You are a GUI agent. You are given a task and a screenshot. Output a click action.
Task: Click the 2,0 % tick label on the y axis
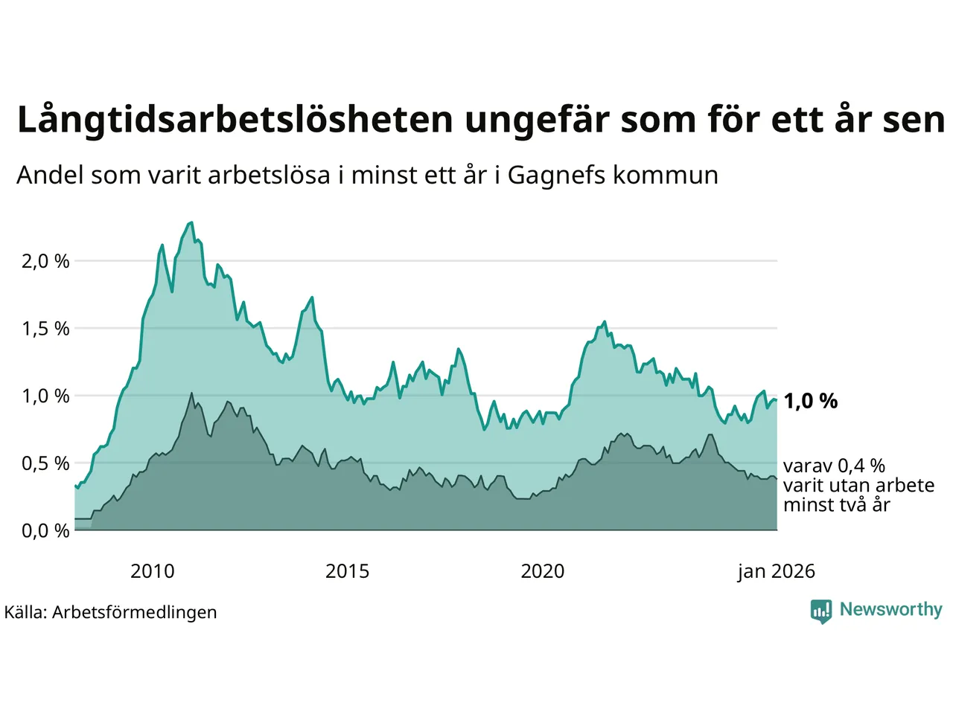point(45,261)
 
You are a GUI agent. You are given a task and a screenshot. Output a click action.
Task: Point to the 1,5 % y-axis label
point(45,329)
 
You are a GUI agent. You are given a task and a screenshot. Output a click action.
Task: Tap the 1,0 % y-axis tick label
point(45,396)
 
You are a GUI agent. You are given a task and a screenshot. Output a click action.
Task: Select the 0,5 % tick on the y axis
point(45,463)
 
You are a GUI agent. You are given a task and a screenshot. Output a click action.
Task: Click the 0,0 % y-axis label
point(45,530)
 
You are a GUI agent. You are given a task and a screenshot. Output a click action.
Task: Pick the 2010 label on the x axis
point(152,571)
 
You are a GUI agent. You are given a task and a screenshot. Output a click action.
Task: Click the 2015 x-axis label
point(347,571)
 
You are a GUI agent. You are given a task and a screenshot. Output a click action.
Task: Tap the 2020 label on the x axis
point(542,571)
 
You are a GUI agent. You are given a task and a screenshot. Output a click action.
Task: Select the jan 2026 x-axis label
point(776,571)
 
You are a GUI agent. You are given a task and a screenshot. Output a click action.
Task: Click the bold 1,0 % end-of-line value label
point(810,402)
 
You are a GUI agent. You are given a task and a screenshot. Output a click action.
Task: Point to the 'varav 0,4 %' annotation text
point(834,466)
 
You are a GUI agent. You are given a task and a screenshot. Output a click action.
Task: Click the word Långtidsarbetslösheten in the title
point(235,120)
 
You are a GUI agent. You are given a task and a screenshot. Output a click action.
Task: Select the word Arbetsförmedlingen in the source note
point(134,612)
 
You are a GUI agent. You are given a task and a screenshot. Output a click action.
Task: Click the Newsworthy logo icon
point(820,611)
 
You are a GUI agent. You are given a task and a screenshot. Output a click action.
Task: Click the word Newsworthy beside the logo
point(890,609)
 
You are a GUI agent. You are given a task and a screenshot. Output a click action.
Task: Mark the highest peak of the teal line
point(191,222)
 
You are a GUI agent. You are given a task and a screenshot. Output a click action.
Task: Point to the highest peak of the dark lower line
point(192,393)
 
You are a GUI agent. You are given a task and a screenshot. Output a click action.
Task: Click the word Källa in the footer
point(25,612)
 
